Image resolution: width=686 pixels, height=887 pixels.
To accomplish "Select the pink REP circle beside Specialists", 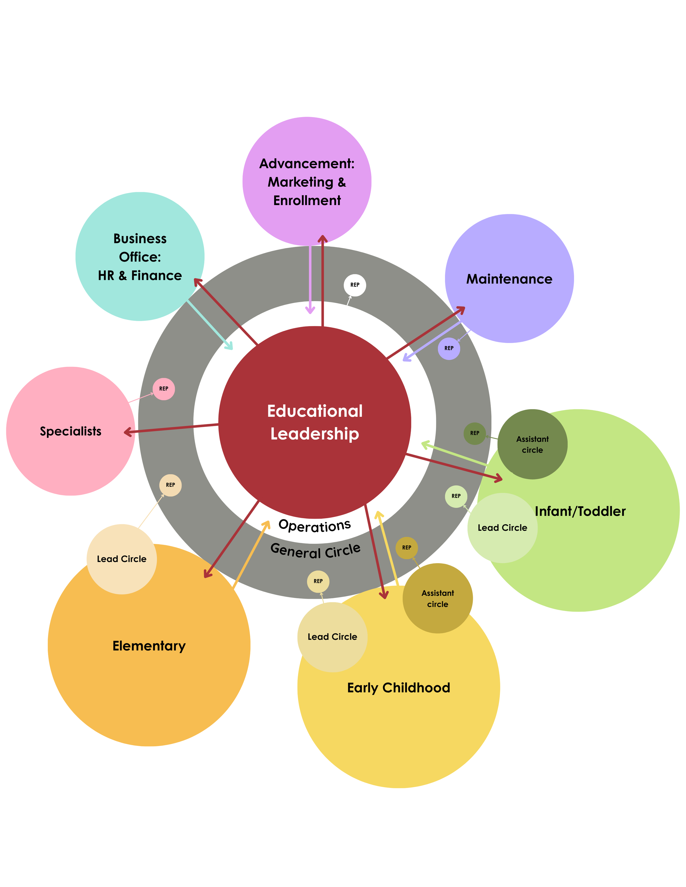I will [x=164, y=389].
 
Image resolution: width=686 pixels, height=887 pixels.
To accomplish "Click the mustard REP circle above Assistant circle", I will [x=406, y=548].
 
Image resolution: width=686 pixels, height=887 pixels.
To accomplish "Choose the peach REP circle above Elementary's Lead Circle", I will [x=170, y=485].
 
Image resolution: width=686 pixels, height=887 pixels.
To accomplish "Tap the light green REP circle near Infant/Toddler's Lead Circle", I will [x=456, y=496].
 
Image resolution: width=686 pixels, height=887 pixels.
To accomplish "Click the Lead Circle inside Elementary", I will [x=122, y=559].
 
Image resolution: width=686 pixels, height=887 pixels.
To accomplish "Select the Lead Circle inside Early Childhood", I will [x=332, y=637].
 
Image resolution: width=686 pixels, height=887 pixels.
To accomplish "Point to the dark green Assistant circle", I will [x=532, y=444].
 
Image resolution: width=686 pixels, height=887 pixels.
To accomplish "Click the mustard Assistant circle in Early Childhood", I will [x=438, y=599].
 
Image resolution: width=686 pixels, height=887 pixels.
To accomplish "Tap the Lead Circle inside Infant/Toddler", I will [x=502, y=528].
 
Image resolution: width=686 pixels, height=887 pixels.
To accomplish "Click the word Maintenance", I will [x=509, y=279].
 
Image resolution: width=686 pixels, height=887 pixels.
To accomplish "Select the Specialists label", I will [x=71, y=431].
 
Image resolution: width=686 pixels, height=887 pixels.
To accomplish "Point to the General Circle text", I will [x=315, y=551].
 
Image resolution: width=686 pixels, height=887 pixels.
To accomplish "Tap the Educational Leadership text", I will [x=315, y=422].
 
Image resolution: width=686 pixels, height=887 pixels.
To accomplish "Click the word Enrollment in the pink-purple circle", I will [x=307, y=201].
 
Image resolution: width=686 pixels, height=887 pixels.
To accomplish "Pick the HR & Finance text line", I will [x=140, y=276].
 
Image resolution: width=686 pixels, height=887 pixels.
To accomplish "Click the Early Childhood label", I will [x=399, y=688].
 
